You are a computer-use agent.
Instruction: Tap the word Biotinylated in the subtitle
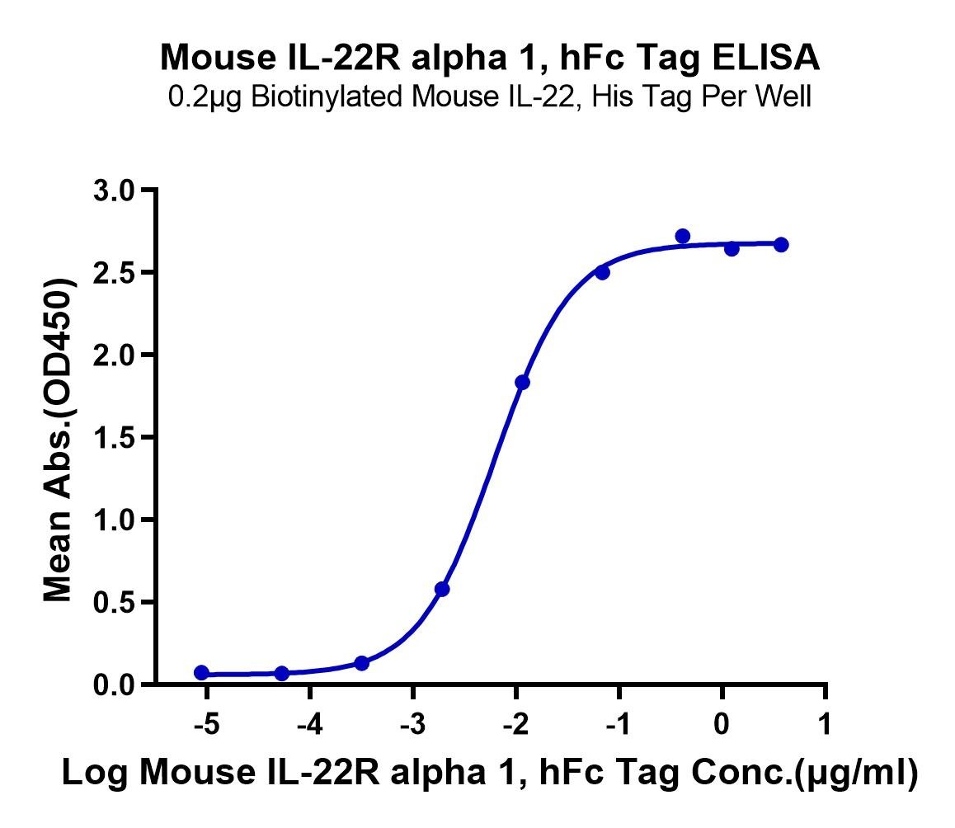[x=325, y=96]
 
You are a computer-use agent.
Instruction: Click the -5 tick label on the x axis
[x=206, y=724]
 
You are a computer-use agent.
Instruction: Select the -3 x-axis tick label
[x=412, y=724]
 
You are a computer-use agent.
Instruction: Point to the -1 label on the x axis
[x=618, y=724]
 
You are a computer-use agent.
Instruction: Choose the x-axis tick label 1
[x=825, y=724]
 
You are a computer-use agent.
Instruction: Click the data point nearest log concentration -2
[x=522, y=383]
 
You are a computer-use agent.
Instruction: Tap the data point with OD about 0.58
[x=442, y=589]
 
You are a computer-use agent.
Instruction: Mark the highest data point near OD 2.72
[x=683, y=236]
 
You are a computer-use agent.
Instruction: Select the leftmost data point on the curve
[x=201, y=673]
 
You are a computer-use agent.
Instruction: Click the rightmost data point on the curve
[x=782, y=245]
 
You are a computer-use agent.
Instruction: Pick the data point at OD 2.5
[x=602, y=272]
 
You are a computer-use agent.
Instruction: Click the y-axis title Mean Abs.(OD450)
[x=59, y=440]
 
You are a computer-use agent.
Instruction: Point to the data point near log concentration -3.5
[x=362, y=663]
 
